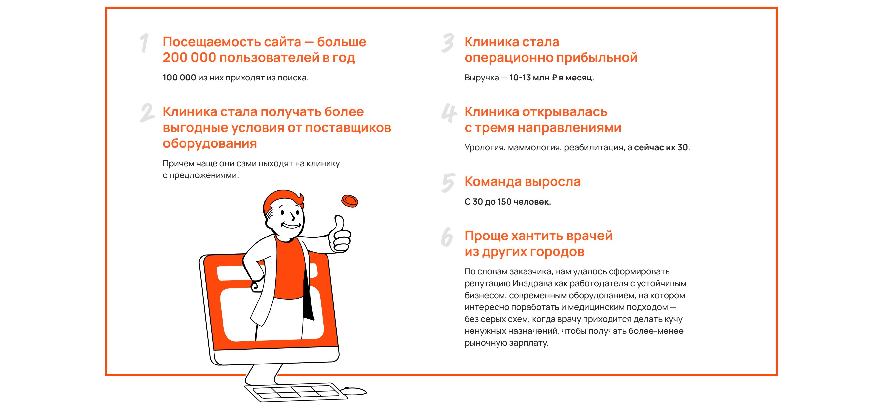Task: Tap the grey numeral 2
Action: point(147,113)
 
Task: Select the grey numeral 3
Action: point(448,43)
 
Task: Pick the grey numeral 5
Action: point(448,183)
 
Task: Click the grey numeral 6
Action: point(447,237)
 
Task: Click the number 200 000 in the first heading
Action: point(189,58)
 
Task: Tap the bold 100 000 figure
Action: point(179,78)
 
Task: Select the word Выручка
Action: point(482,78)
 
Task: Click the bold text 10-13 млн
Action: point(529,78)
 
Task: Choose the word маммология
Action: point(534,147)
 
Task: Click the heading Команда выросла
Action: point(523,182)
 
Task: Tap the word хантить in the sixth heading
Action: point(536,236)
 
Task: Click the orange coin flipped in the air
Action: point(350,201)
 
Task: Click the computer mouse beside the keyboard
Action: point(355,391)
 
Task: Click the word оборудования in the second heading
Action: point(210,144)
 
